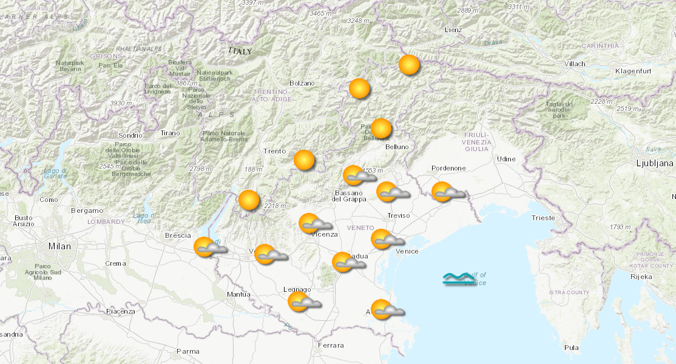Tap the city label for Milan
(59, 246)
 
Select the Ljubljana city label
(654, 163)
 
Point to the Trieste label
(542, 217)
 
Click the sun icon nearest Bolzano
(359, 89)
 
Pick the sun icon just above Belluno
(381, 129)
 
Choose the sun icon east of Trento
(304, 160)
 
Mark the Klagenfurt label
(633, 72)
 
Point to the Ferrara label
(330, 345)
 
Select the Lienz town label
(453, 30)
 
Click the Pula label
(571, 348)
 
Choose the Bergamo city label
(87, 211)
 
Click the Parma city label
(188, 351)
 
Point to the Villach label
(574, 64)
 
